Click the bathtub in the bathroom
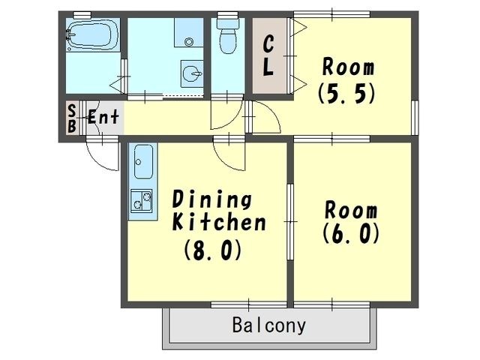(x=93, y=35)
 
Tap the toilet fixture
(x=227, y=33)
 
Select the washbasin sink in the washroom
(x=192, y=73)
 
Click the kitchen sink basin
(x=143, y=162)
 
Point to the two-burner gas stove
(x=142, y=201)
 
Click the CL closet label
(x=268, y=55)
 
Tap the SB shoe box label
(x=72, y=118)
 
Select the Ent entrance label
(x=103, y=117)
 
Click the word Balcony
(x=269, y=325)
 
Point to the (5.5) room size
(x=346, y=93)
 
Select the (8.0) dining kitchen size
(x=213, y=250)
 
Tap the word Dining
(x=212, y=200)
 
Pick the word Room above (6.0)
(x=351, y=210)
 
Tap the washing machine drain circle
(x=189, y=42)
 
